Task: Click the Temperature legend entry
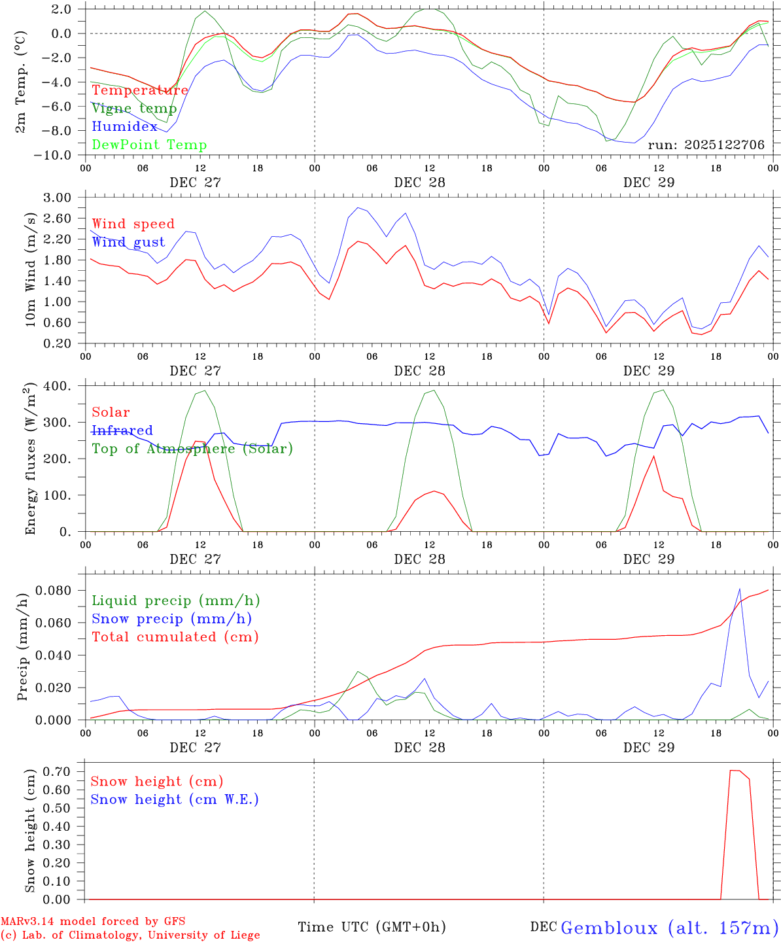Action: (x=140, y=90)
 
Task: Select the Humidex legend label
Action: (x=124, y=127)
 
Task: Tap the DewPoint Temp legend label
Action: (x=149, y=145)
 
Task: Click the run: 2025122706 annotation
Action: (x=706, y=145)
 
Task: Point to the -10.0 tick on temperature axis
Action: (x=57, y=155)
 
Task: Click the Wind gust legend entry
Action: (x=128, y=242)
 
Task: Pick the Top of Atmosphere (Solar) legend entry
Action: (x=192, y=449)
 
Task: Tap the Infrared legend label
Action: (x=122, y=430)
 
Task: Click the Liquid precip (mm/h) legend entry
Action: (x=176, y=601)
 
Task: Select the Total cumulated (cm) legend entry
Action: (x=175, y=637)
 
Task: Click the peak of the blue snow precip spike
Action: (x=739, y=589)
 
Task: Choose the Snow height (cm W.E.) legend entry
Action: (x=175, y=799)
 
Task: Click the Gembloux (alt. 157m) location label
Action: (x=670, y=928)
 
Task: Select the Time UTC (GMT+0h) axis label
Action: (x=372, y=927)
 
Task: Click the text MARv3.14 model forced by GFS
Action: (x=93, y=922)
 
